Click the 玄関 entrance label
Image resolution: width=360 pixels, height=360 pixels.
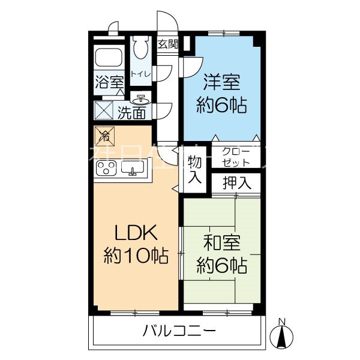coord(168,43)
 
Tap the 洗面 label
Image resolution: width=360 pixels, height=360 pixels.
coord(131,112)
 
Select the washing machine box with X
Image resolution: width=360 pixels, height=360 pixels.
coord(103,111)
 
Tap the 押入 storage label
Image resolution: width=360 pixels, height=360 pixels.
coord(236,182)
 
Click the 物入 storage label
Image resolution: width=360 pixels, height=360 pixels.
coord(194,170)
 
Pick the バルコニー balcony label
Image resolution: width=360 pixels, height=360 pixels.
coord(179,331)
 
